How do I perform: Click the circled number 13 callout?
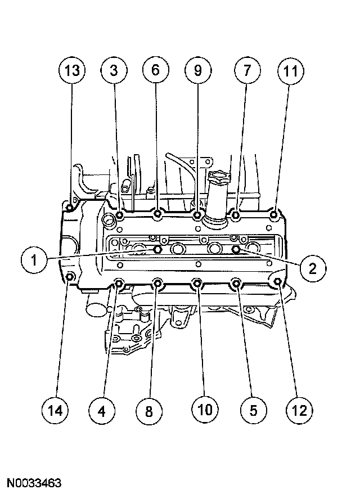click(x=72, y=71)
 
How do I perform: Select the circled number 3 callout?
click(x=114, y=71)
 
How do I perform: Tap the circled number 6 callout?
click(x=155, y=70)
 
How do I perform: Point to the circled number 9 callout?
click(x=197, y=70)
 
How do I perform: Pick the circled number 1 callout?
click(x=34, y=260)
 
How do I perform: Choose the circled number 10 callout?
click(x=204, y=409)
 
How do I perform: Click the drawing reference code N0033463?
click(x=35, y=483)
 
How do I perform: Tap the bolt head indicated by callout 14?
click(x=70, y=276)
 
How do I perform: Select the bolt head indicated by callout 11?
click(x=274, y=214)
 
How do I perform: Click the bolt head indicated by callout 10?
click(x=197, y=283)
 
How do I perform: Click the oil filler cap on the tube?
click(x=218, y=179)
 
